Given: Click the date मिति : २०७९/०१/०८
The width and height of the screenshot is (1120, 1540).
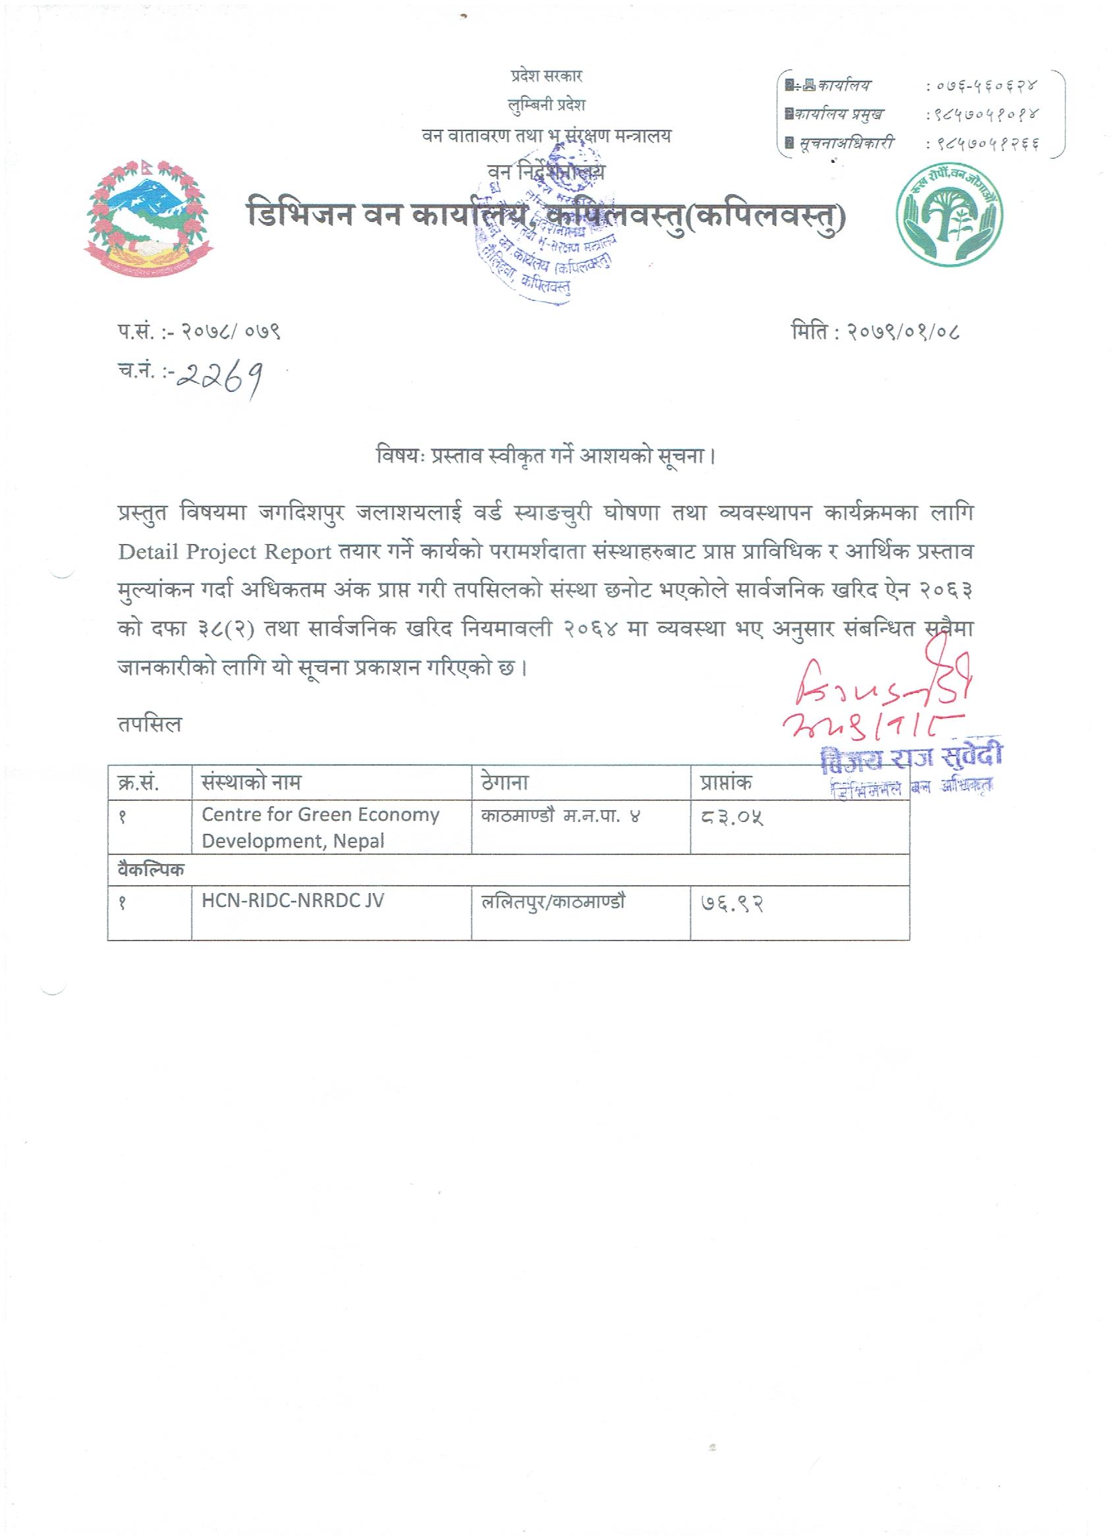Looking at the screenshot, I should pos(875,332).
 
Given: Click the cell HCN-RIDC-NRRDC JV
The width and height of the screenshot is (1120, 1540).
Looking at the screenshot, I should pos(293,901).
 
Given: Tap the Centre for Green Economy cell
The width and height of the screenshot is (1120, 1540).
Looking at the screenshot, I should pos(320,827).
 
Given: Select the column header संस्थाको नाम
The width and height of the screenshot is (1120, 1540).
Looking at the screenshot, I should pos(251,783).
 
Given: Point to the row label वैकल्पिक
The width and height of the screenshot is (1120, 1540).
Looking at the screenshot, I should pos(150,870).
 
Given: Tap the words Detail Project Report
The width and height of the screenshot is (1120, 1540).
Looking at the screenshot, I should pos(225,552).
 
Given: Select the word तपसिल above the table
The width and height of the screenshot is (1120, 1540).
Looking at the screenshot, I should pos(149,725).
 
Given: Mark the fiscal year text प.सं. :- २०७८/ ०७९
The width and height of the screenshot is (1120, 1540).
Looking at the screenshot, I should pos(198,332).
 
